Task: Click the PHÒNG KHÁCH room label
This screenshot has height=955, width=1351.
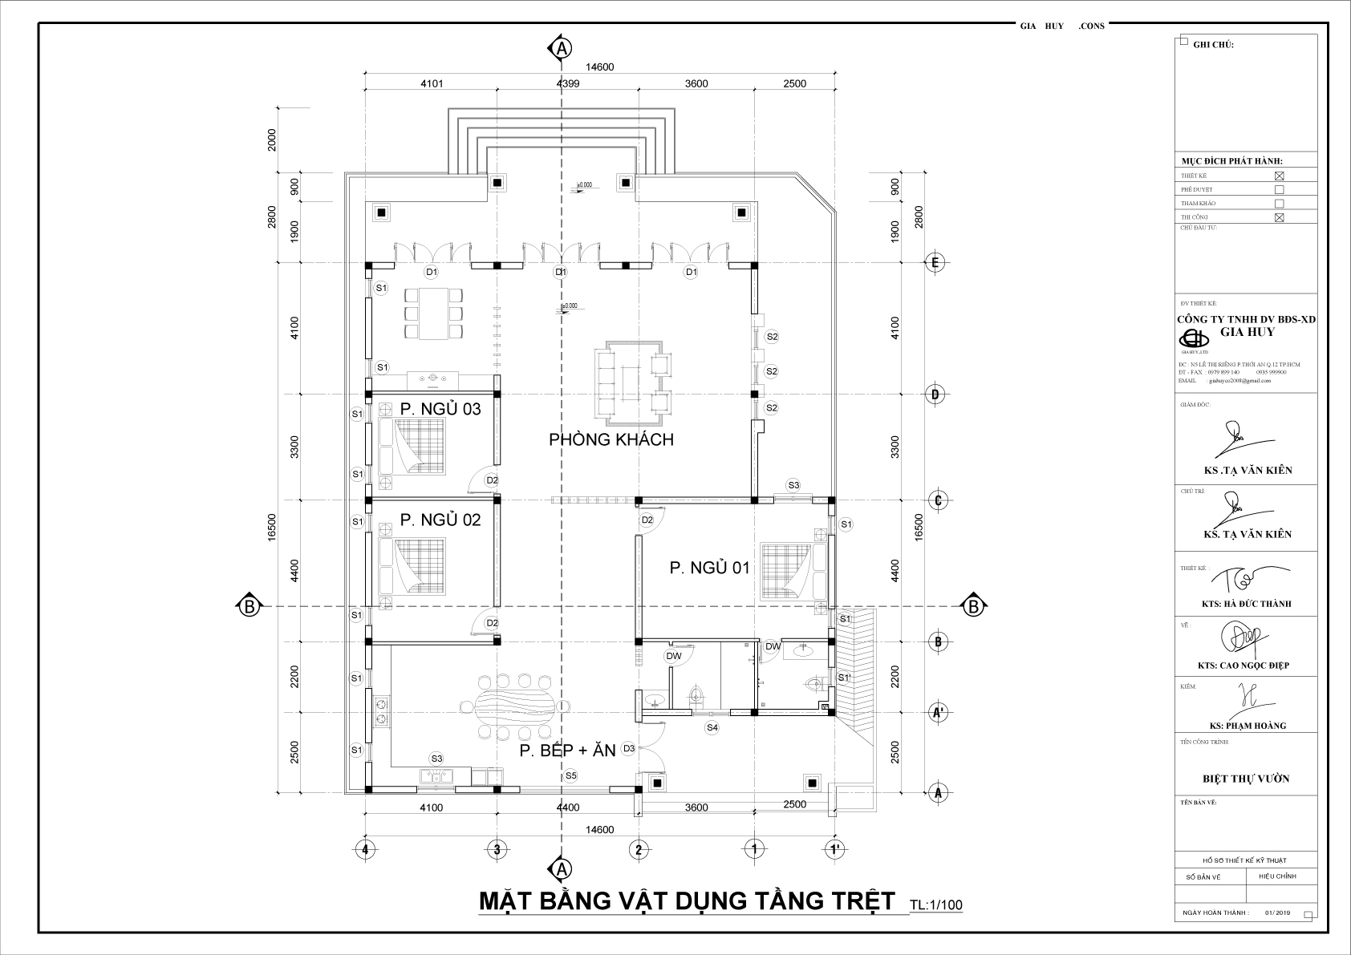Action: (611, 439)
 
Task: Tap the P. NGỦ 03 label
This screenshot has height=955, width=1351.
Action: (440, 409)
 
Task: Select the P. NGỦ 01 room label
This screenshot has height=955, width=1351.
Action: (709, 568)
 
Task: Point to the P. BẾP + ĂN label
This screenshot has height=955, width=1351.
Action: (566, 751)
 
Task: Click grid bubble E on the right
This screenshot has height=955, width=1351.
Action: (935, 262)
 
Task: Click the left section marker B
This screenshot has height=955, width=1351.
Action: (250, 607)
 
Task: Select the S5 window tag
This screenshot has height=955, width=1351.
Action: (570, 775)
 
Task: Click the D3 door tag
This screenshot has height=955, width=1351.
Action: (629, 748)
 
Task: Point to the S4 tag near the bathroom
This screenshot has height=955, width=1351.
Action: (712, 727)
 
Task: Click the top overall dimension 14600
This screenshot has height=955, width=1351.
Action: (600, 67)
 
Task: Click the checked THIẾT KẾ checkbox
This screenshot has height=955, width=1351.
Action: (1280, 176)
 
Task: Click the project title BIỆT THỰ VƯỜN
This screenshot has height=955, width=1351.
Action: (1246, 779)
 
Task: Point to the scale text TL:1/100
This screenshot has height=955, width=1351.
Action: (935, 905)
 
